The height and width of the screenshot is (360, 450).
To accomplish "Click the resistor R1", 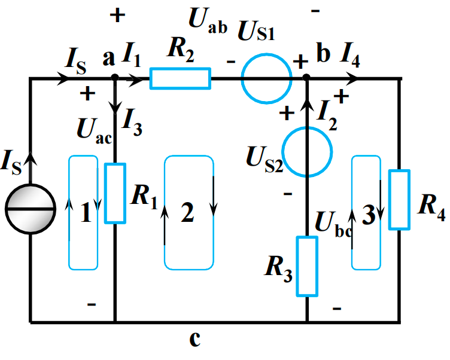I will [x=115, y=193].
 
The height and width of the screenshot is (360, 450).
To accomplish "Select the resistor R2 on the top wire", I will [x=180, y=78].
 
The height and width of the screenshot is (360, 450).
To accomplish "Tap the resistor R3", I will [x=307, y=266].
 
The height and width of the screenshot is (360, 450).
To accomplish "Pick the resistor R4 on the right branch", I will [x=399, y=200].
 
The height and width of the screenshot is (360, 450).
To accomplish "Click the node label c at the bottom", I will [x=194, y=339].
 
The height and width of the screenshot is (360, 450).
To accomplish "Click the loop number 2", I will [x=187, y=213].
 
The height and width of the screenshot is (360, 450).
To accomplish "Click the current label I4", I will [x=351, y=57].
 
